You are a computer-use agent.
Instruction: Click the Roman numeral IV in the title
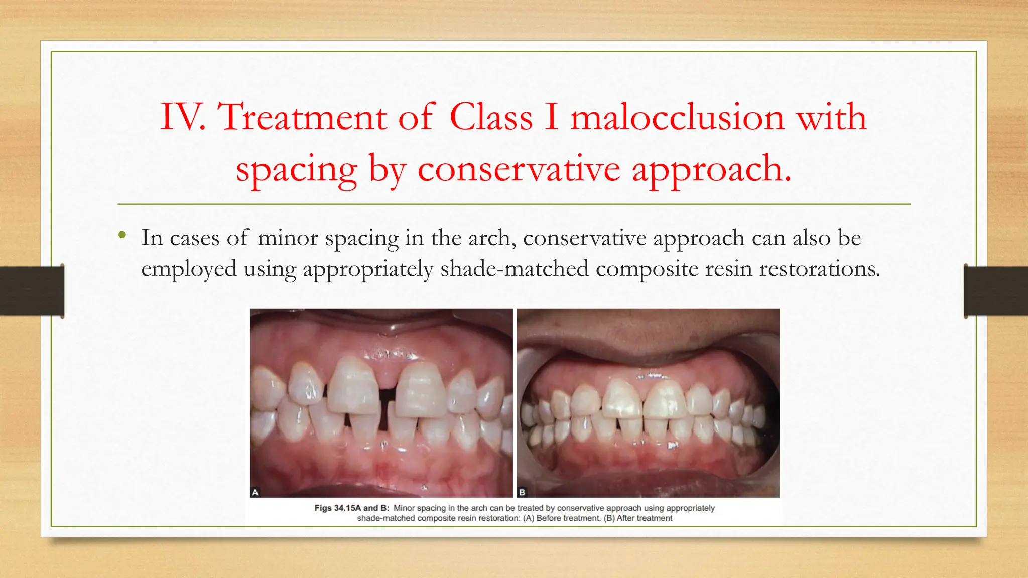[x=182, y=117]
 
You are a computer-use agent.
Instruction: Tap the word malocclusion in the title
[x=677, y=117]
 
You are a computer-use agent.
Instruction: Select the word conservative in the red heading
[x=519, y=169]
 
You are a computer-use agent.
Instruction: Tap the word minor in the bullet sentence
[x=288, y=238]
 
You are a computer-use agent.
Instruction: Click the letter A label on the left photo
[x=255, y=492]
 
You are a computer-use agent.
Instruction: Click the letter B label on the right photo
[x=522, y=492]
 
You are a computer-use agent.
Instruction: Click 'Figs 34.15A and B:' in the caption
[x=351, y=508]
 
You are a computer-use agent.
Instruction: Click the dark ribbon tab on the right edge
[x=996, y=291]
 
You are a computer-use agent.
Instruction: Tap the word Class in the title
[x=490, y=117]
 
